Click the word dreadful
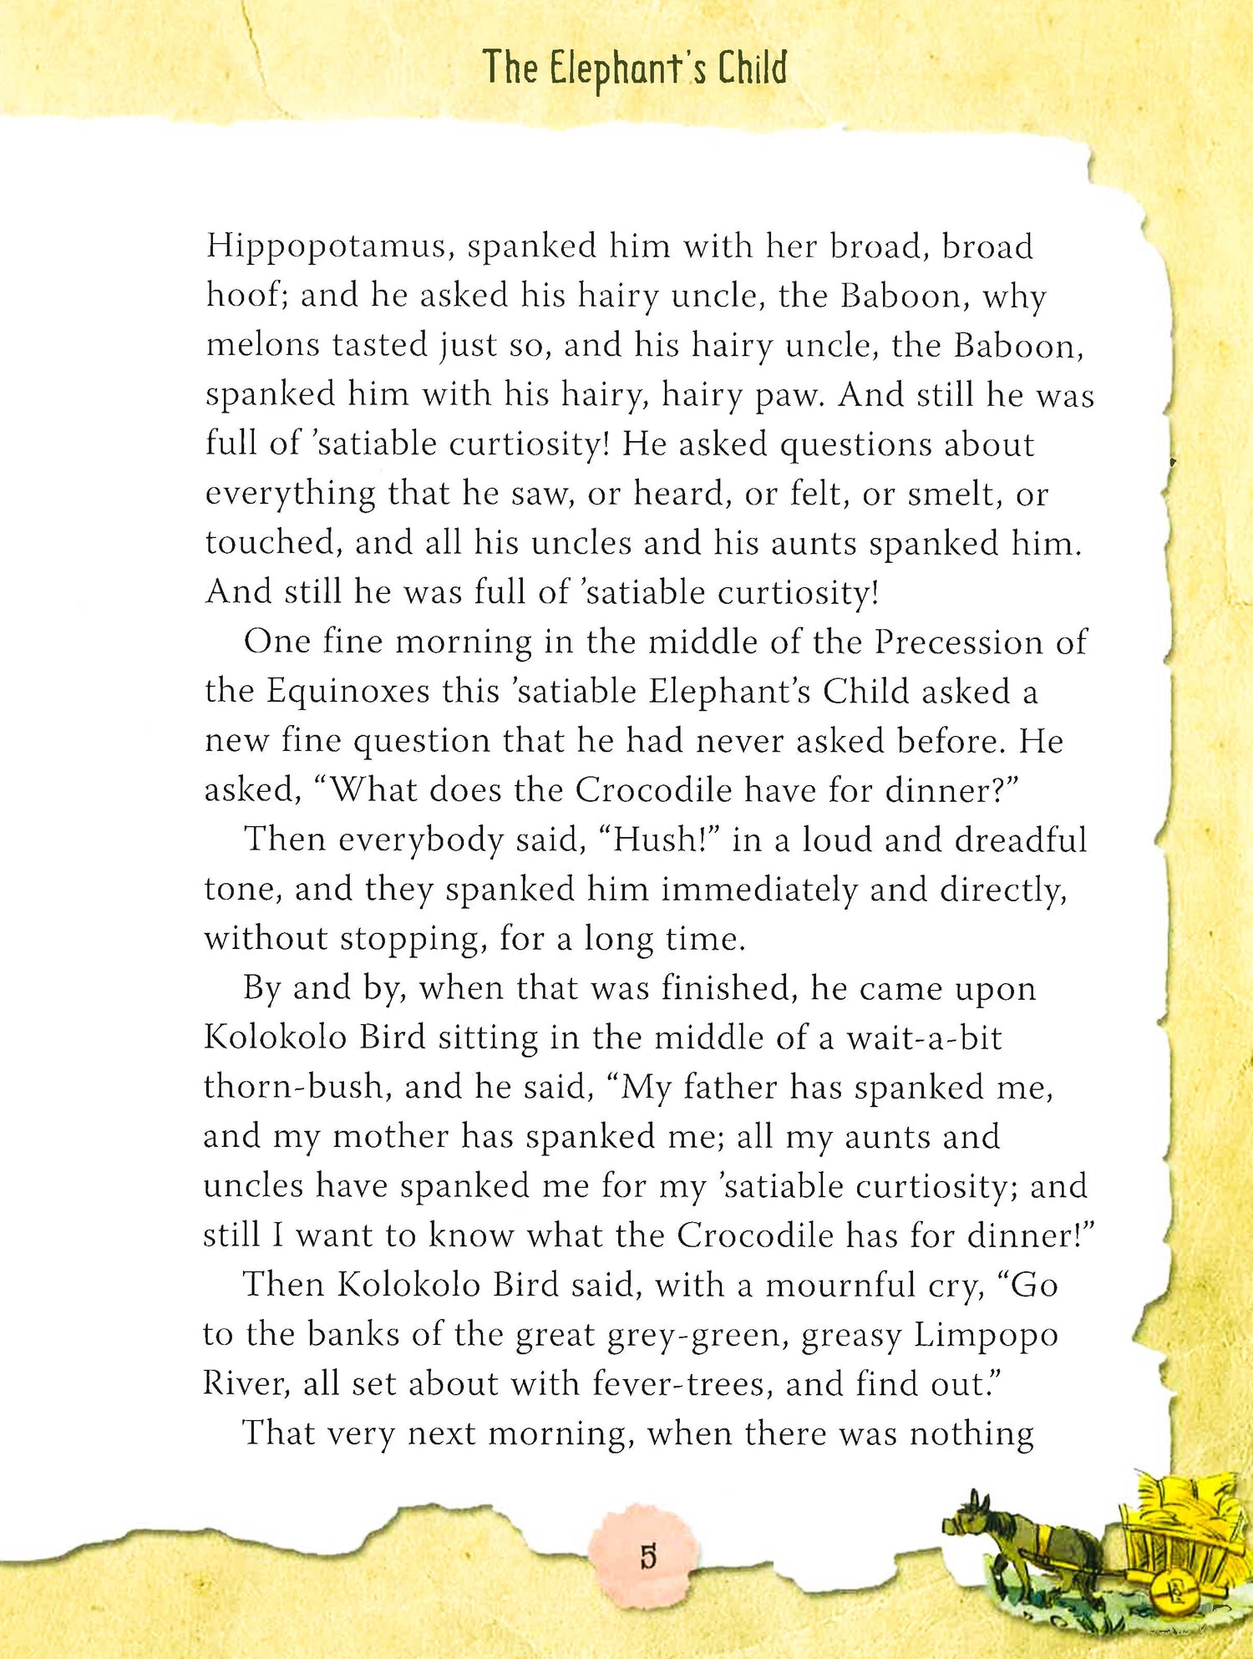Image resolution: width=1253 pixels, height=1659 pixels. [1021, 840]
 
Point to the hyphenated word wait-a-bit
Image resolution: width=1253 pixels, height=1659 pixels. [924, 1038]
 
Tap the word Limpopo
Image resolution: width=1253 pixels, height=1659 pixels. [986, 1336]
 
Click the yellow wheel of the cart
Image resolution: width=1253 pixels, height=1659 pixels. [1169, 1592]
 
